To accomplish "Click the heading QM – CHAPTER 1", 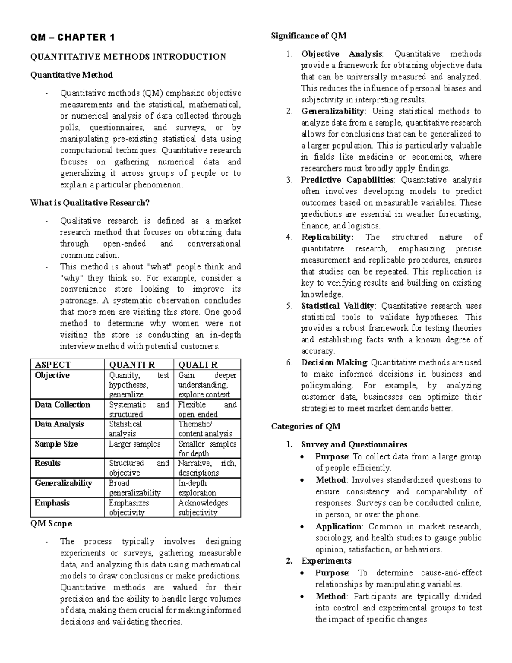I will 72,38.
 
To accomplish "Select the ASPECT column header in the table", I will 52,365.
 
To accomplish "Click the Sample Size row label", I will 56,444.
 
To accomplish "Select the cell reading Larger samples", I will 134,444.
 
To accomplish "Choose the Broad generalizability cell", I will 134,488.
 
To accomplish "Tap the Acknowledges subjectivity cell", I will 203,508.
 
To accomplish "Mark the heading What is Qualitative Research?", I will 90,203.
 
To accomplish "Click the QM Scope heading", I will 51,523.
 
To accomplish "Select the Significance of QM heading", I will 308,36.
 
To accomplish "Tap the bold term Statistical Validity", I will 337,306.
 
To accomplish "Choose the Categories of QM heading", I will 305,426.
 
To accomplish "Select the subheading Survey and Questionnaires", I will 354,444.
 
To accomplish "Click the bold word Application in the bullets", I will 338,526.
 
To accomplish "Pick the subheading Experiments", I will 326,561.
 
